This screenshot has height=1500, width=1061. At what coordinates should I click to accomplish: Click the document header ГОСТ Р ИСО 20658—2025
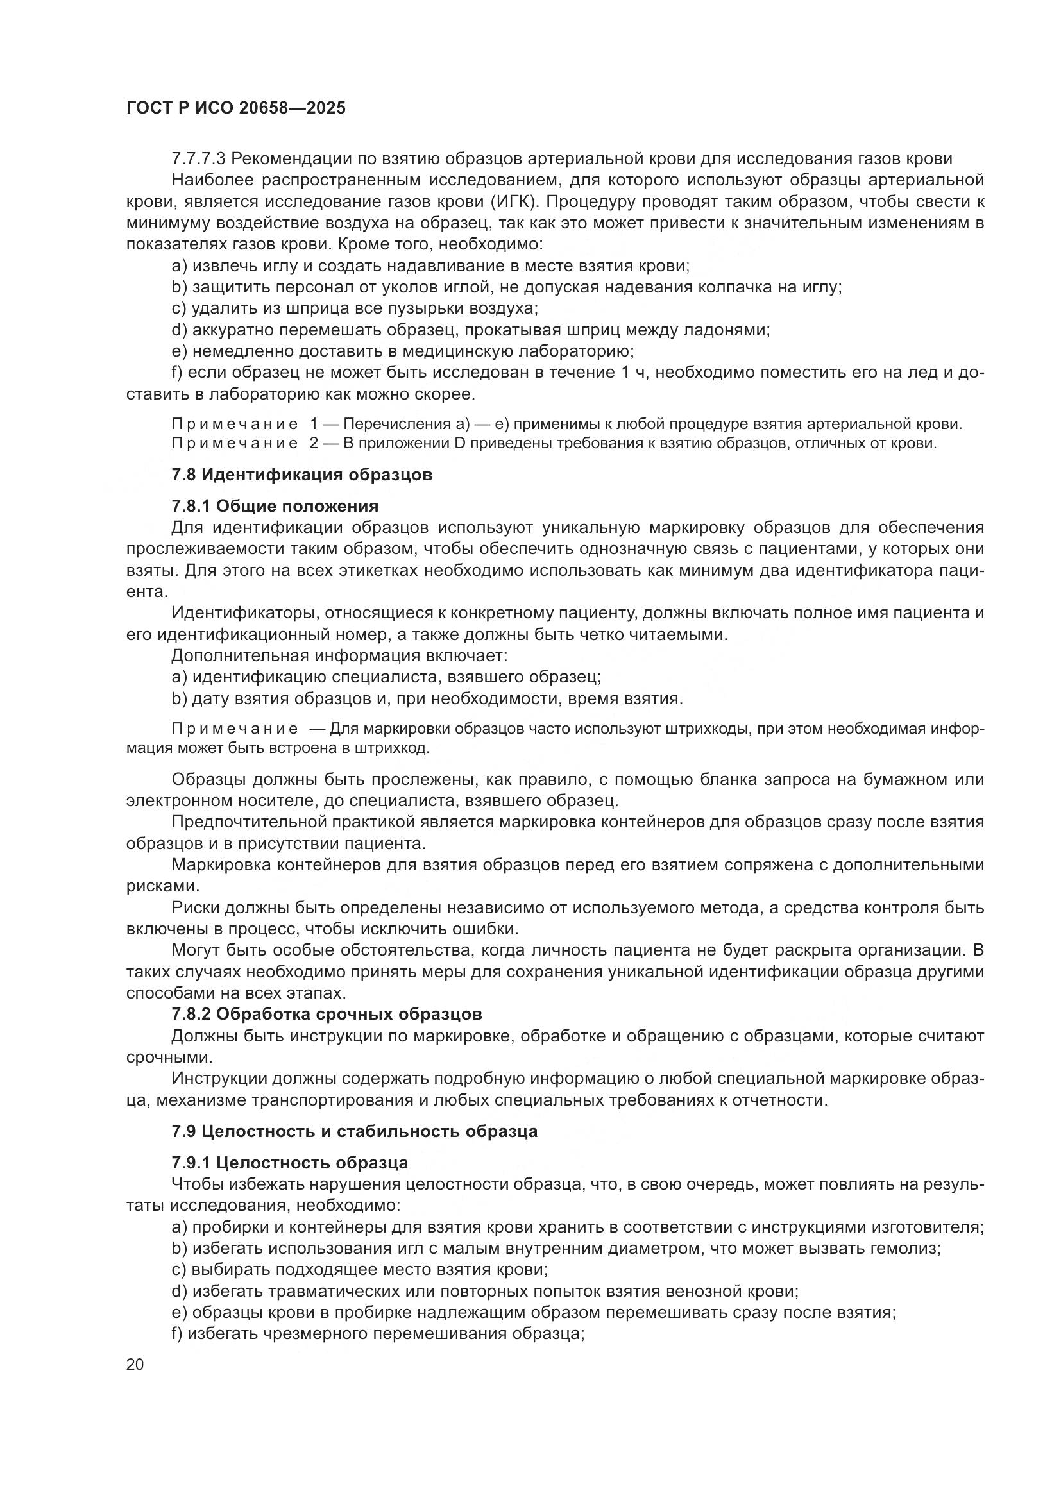point(236,108)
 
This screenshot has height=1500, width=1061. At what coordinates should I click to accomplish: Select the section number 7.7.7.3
point(199,159)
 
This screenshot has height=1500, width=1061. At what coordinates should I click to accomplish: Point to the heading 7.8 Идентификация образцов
point(302,475)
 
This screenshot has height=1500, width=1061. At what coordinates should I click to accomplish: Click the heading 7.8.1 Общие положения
point(275,507)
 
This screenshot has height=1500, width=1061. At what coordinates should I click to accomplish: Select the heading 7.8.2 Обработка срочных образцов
point(327,1015)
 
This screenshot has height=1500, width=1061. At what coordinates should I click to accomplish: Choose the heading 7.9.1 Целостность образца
point(290,1163)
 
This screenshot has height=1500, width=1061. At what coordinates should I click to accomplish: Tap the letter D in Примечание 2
point(459,444)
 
